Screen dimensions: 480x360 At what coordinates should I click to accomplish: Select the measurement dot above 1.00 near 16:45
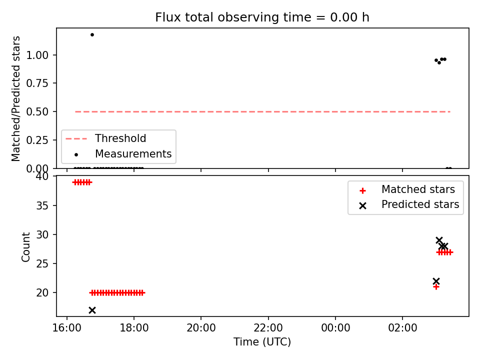[92, 34]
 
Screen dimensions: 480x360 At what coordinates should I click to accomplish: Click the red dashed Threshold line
[262, 111]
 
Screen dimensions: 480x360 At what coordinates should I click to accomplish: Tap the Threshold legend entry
[106, 138]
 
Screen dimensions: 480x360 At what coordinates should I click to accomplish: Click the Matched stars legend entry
[407, 190]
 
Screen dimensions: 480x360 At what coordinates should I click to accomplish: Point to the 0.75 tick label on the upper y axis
[37, 83]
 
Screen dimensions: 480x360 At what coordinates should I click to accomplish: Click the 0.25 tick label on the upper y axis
[37, 140]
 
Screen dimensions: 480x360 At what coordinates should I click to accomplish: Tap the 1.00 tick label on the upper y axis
[37, 55]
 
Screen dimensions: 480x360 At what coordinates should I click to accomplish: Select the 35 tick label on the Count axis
[42, 205]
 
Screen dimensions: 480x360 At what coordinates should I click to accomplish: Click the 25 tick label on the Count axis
[42, 263]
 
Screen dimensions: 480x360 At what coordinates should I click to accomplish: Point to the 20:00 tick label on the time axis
[201, 328]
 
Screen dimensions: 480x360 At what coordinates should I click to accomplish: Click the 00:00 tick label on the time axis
[335, 328]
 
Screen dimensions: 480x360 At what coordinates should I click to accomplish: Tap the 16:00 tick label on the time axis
[67, 328]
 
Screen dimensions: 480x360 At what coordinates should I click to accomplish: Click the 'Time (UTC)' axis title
[262, 341]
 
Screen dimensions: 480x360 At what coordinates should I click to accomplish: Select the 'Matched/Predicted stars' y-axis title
[15, 98]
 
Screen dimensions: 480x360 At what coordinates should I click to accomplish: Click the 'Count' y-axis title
[25, 246]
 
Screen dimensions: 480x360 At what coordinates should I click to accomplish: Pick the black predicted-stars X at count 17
[92, 310]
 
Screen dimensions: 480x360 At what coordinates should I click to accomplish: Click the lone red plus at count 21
[436, 287]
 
